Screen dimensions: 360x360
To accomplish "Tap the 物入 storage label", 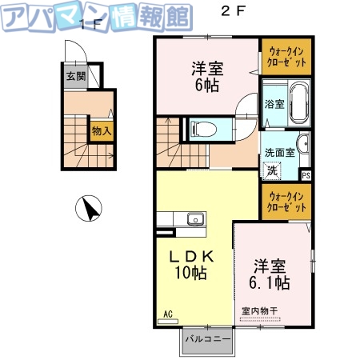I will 101,130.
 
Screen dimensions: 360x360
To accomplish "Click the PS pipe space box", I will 306,174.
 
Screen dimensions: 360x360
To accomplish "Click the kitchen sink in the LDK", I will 194,219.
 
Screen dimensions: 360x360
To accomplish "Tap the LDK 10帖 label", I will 190,265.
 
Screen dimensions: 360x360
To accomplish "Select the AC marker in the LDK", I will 168,314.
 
